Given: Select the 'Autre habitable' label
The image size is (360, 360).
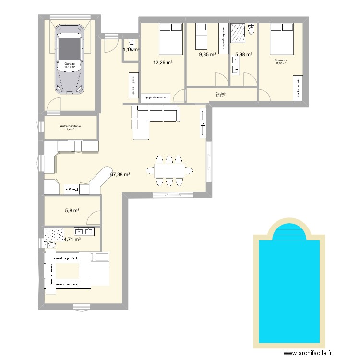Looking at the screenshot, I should pyautogui.click(x=71, y=126).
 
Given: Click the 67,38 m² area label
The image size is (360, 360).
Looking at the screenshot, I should pyautogui.click(x=120, y=175).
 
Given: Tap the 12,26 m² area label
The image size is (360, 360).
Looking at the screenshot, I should pyautogui.click(x=163, y=62).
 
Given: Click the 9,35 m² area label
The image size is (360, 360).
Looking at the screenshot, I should pyautogui.click(x=207, y=55).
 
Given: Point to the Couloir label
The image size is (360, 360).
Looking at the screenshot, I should pyautogui.click(x=221, y=94).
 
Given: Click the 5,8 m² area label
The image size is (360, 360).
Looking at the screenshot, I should pyautogui.click(x=72, y=210).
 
